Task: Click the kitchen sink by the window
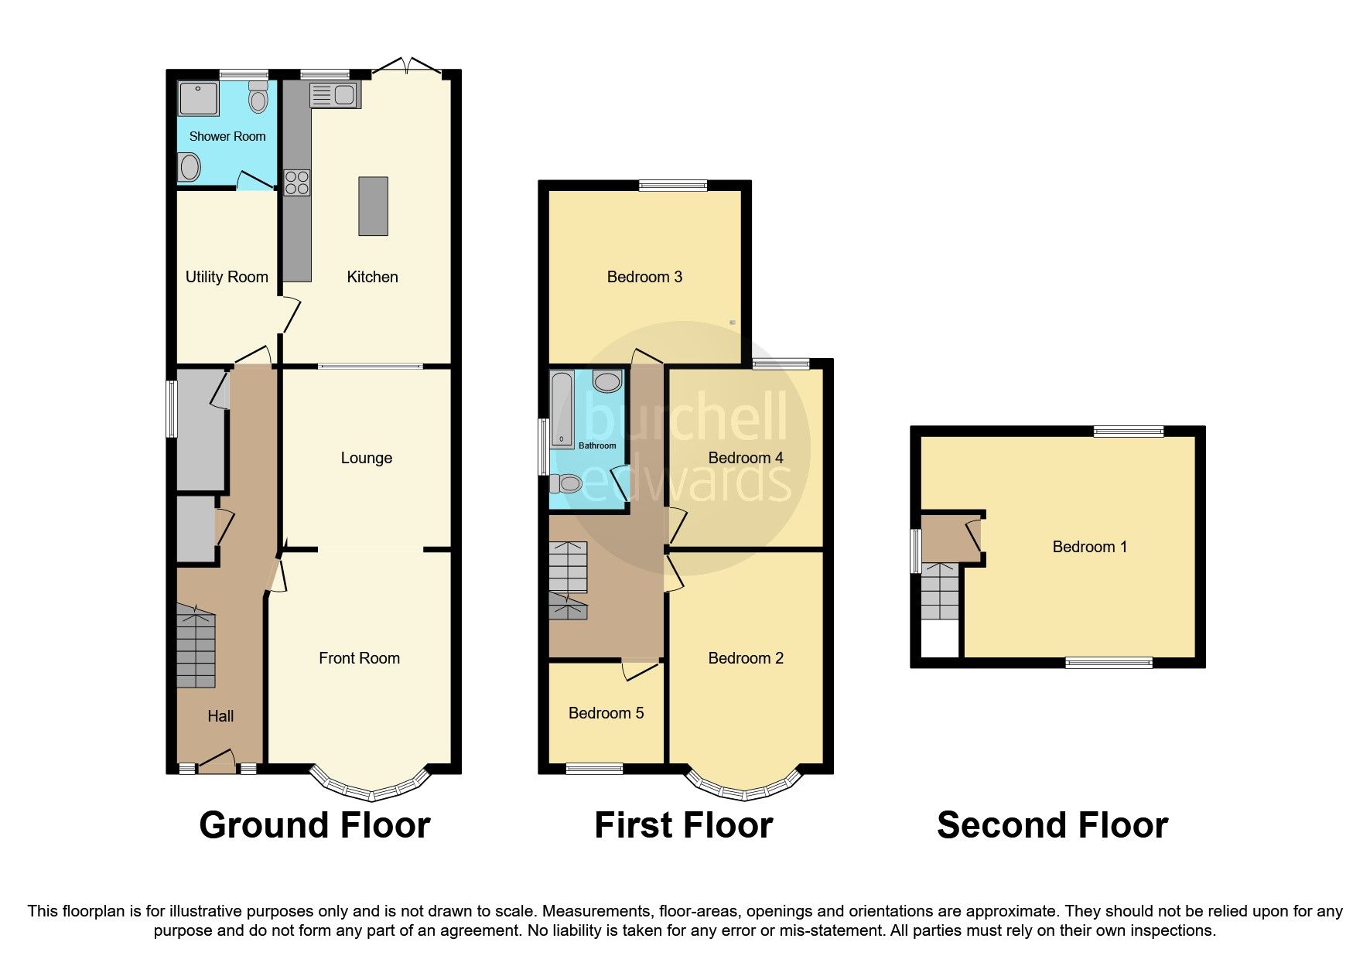[335, 95]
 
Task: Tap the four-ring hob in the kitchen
[297, 183]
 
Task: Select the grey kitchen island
[373, 206]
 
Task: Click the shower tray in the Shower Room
[198, 99]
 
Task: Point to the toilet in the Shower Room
[258, 99]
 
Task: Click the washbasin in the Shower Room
[189, 167]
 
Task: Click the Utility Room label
[227, 277]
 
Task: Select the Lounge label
[366, 458]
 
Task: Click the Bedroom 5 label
[606, 713]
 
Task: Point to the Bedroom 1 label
[1089, 547]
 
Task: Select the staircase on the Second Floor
[939, 592]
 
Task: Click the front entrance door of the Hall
[217, 763]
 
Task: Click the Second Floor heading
[1052, 825]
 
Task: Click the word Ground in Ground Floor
[263, 825]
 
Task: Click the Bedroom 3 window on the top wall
[673, 185]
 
